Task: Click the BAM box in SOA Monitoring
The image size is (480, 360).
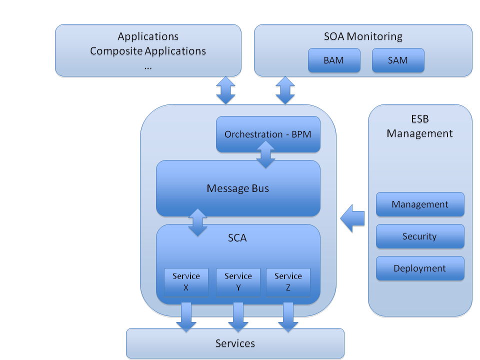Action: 333,60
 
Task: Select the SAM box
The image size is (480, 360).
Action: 398,60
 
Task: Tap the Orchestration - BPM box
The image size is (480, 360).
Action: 267,134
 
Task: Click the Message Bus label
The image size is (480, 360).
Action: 237,188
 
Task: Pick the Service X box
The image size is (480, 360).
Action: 186,282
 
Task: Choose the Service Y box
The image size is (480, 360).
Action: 238,282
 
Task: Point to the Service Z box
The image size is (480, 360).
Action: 288,282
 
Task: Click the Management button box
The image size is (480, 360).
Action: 420,204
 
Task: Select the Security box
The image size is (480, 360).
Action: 420,236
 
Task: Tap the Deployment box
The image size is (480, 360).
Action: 420,268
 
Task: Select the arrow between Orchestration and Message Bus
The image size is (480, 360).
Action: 265,154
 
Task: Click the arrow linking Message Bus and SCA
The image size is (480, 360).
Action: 197,222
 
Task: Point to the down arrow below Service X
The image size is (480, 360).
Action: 186,317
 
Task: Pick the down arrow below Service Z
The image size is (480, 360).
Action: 288,317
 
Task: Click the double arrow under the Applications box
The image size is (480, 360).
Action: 225,90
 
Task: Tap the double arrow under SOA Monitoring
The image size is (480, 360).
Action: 285,90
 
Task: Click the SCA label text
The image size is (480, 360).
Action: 237,238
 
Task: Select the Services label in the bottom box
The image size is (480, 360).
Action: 235,343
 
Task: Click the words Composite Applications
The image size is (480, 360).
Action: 148,51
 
